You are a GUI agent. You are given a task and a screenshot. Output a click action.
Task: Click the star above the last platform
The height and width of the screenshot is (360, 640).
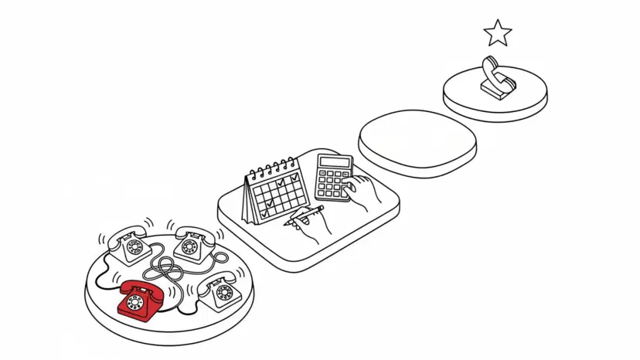pos(498,33)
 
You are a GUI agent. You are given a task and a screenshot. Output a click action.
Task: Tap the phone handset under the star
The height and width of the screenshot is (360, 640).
pos(492,72)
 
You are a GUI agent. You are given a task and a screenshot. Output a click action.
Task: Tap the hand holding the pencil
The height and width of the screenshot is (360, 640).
pos(316,225)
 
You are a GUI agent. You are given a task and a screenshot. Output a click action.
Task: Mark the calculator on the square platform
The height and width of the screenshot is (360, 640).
pos(333,177)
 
